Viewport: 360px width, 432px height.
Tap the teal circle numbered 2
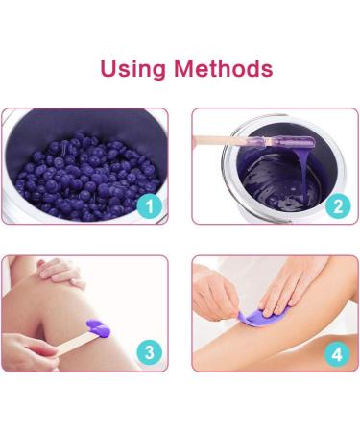335,204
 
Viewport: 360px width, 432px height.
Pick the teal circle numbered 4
335,351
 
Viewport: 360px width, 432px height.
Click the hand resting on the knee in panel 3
58,274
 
